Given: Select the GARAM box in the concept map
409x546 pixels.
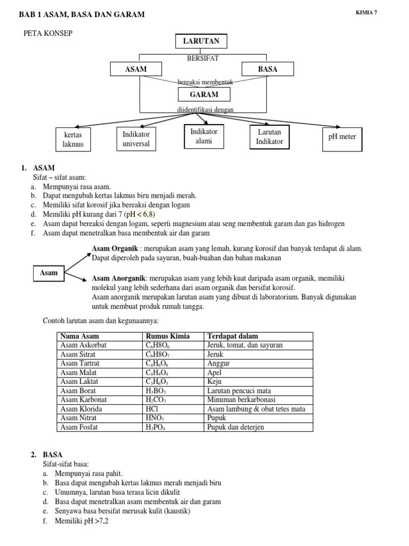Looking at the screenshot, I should coord(204,94).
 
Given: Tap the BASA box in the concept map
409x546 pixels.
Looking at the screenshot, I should coord(267,69).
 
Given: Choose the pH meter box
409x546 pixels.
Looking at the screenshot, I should coord(342,137).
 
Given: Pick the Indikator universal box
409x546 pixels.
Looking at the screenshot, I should coord(136,139).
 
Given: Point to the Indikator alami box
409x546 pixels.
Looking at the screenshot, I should coord(203,136).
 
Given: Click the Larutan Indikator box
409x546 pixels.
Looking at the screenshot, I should coord(269,137).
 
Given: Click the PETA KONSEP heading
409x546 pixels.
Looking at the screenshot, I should coord(48,34).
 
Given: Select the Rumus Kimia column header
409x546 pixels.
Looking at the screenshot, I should coord(167,336).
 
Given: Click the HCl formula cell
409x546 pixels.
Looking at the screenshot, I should coord(152,409).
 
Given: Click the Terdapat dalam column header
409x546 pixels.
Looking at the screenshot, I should coord(233,336).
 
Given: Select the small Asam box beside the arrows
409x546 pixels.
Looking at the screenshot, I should coord(48,273).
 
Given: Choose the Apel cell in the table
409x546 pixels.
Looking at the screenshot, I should coord(214,373).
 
